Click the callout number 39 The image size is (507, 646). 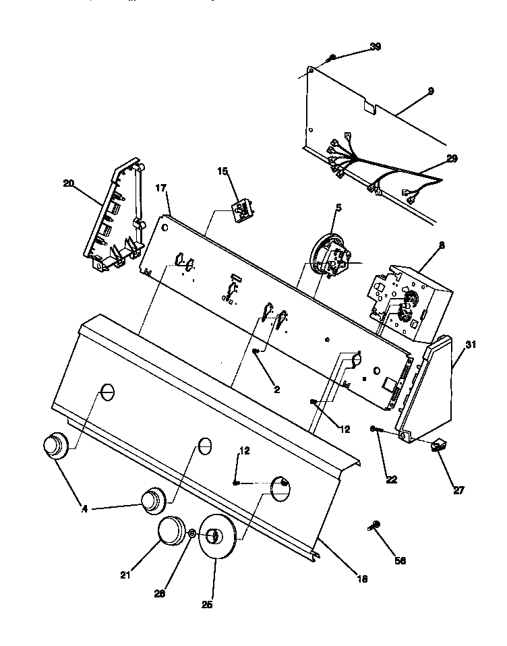[x=375, y=47]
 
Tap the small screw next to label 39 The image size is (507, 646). [x=331, y=59]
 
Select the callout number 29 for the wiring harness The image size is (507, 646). [x=451, y=158]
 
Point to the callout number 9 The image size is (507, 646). [x=430, y=90]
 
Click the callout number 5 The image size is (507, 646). [x=338, y=207]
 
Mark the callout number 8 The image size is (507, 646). [x=441, y=246]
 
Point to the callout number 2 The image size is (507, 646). [x=277, y=389]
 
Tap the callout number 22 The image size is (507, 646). [x=392, y=480]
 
